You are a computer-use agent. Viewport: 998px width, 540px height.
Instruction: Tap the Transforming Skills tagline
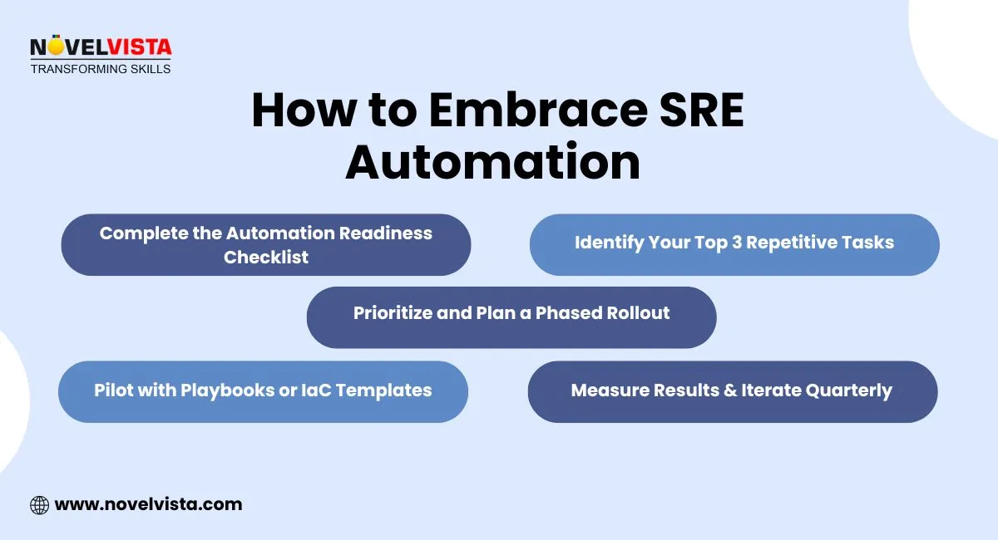101,69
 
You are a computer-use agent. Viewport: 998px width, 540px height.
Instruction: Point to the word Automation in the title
493,163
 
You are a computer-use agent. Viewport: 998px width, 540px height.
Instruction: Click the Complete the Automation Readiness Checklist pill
266,245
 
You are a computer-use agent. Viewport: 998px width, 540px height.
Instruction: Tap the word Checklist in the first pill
266,258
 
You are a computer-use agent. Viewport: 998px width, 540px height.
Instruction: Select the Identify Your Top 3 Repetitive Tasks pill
734,244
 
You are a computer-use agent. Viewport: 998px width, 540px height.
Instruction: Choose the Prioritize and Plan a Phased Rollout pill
511,317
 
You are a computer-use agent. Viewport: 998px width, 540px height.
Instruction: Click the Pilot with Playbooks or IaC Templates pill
263,391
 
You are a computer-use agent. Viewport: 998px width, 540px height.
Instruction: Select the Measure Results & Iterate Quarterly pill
732,391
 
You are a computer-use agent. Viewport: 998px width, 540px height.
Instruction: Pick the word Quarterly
848,391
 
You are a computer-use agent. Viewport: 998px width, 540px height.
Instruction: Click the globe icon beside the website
39,504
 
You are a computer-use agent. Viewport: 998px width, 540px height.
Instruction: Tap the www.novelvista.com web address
148,504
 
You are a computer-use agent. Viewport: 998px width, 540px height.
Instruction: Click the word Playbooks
220,390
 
